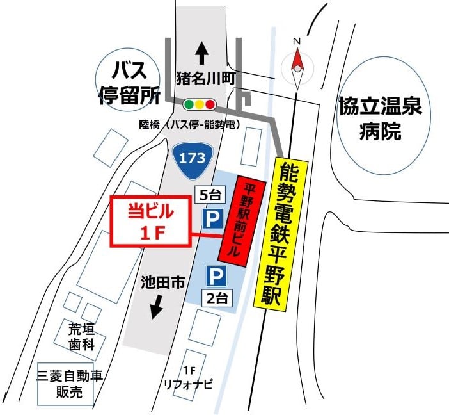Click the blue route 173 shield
(x=190, y=158)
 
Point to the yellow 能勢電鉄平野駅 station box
(x=281, y=233)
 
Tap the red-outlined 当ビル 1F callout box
(x=152, y=220)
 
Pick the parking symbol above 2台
(x=216, y=277)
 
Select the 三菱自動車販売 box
(x=69, y=384)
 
